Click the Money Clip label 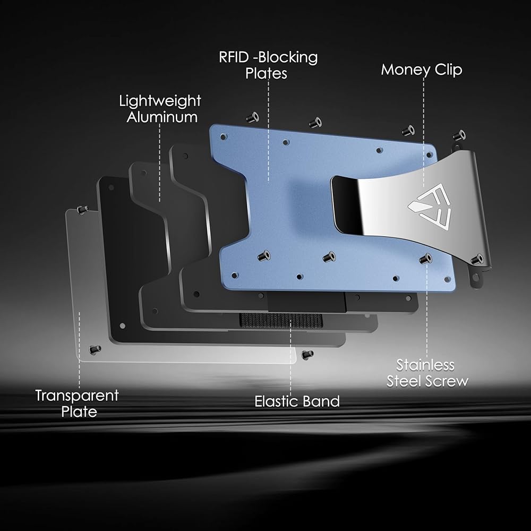click(421, 70)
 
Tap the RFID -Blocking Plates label click(268, 65)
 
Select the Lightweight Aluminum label click(160, 109)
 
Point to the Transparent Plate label click(77, 404)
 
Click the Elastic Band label click(297, 401)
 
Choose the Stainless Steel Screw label click(427, 373)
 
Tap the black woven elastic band click(281, 320)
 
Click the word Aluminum click(162, 117)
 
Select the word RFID click(234, 57)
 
